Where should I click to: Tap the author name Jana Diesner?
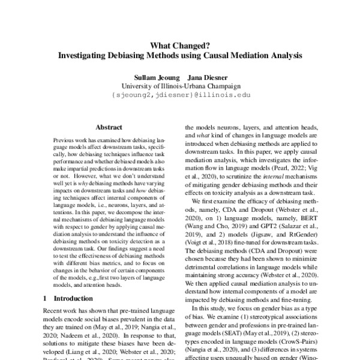[x=205, y=77]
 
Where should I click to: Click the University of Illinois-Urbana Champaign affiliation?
[x=179, y=85]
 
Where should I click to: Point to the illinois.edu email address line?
[x=179, y=94]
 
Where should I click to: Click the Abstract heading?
[x=109, y=127]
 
